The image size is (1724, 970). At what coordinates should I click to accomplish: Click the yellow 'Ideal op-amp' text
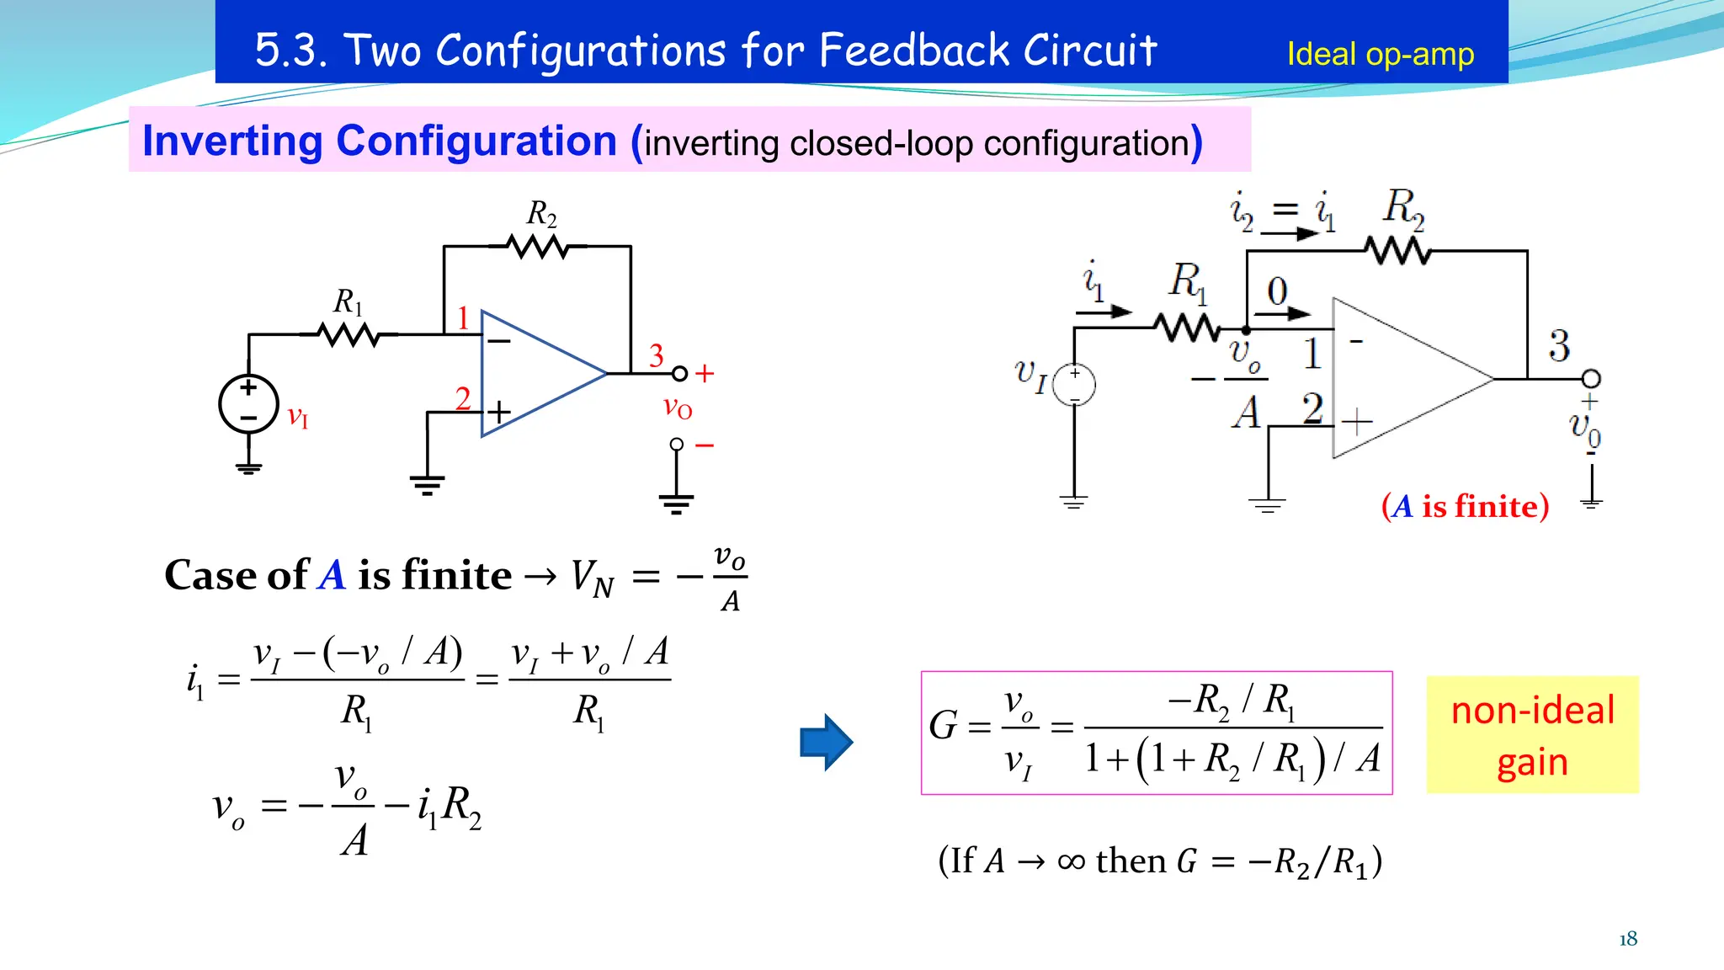tap(1380, 55)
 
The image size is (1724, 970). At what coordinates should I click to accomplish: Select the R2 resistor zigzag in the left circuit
tap(537, 247)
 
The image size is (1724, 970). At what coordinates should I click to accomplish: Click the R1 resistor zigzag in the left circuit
tap(349, 335)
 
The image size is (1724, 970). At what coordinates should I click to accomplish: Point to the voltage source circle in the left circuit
tap(248, 404)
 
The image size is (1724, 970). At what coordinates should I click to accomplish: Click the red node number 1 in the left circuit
tap(463, 318)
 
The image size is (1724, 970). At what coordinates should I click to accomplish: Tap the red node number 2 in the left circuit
tap(463, 398)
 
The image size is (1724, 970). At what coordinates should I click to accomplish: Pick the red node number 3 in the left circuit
tap(657, 355)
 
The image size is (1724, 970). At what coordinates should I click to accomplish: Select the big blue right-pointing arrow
tap(826, 742)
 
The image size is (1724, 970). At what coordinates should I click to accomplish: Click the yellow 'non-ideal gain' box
tap(1532, 735)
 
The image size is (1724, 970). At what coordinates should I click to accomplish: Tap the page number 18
tap(1628, 939)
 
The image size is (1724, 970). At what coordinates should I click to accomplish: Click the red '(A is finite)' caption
tap(1465, 506)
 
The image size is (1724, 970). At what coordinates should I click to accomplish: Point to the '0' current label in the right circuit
tap(1277, 291)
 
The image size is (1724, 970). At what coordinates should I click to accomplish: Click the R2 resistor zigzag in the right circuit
tap(1397, 251)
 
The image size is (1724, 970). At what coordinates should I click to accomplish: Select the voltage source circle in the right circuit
tap(1075, 385)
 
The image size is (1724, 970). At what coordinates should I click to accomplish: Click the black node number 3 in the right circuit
tap(1559, 346)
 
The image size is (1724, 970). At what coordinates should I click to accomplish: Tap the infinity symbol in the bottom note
tap(1071, 861)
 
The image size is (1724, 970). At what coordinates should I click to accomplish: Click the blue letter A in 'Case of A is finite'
tap(333, 575)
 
